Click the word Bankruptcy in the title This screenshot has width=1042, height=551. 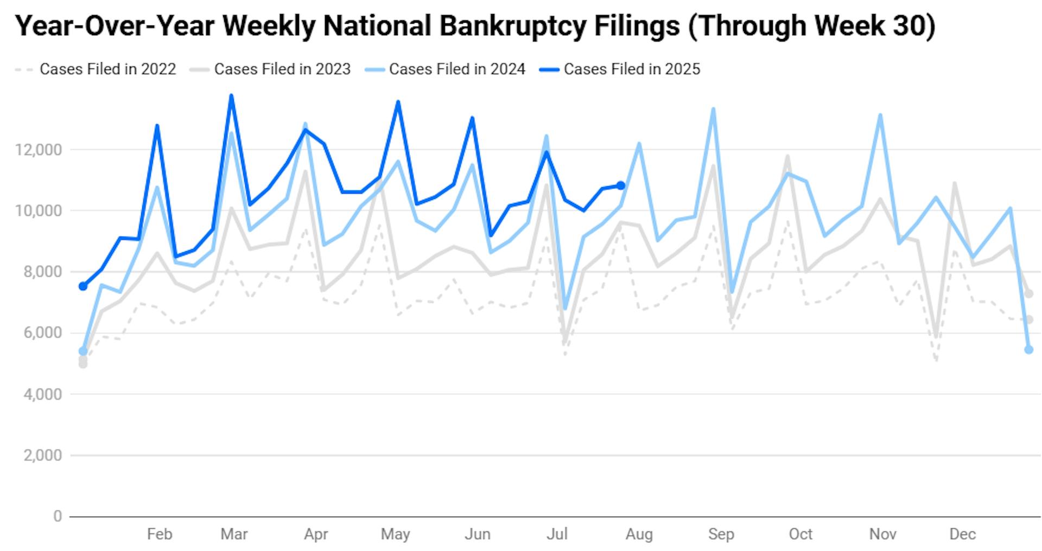[559, 25]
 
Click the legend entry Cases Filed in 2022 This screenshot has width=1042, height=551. [107, 69]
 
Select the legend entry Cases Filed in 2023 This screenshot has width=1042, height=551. [282, 69]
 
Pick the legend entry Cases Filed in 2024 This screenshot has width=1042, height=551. [457, 69]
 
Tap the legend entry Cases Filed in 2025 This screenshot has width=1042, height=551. [632, 69]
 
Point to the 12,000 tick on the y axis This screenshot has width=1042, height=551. [39, 150]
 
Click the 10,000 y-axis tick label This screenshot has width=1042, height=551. [39, 211]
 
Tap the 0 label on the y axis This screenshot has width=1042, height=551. [58, 516]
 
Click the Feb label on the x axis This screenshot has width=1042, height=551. [160, 534]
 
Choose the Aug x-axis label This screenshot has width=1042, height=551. [639, 534]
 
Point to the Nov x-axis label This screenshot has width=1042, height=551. [882, 534]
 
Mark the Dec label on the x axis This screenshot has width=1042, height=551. [962, 534]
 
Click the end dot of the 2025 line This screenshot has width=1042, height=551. [621, 185]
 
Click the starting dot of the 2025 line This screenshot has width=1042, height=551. [83, 286]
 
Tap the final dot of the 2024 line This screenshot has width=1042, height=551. [1028, 350]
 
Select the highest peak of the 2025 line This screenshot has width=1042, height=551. [231, 96]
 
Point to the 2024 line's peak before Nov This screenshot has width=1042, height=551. [880, 115]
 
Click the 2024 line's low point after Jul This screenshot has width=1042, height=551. [565, 309]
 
